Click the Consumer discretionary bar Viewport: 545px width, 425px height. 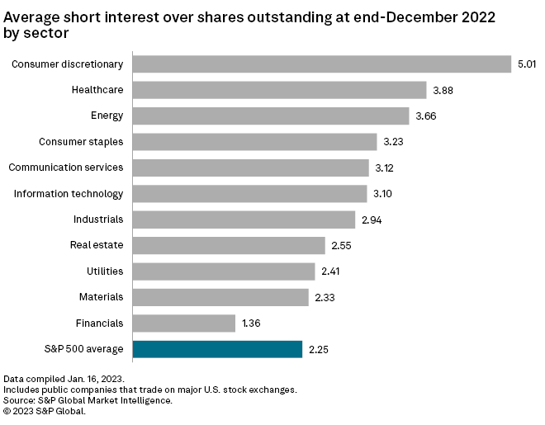click(322, 64)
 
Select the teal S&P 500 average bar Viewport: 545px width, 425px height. click(217, 349)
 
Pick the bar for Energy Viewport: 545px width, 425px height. click(271, 116)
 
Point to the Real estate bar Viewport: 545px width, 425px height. click(229, 245)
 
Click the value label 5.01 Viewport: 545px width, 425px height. click(526, 64)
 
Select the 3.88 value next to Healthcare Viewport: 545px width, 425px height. click(443, 90)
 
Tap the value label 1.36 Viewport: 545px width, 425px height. click(253, 323)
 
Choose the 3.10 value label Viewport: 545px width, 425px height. click(383, 194)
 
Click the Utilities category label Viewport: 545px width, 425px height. click(105, 271)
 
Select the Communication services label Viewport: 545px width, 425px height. click(66, 168)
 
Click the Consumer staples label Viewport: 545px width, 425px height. click(81, 142)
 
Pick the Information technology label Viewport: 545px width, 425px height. click(69, 194)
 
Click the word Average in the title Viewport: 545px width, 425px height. click(31, 16)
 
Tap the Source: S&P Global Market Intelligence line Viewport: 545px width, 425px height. click(88, 399)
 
